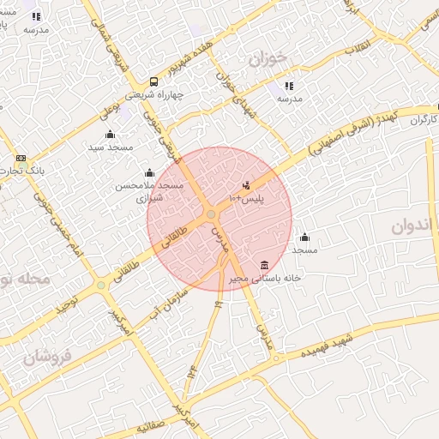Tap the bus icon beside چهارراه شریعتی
point(153,81)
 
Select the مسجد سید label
point(111,147)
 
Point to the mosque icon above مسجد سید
point(110,134)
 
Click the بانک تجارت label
point(21,171)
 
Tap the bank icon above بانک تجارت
point(21,159)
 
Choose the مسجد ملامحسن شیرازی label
point(150,191)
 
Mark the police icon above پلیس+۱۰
point(247,185)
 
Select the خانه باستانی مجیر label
point(263,278)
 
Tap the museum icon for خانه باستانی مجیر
point(263,264)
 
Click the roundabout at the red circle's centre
point(211,214)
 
